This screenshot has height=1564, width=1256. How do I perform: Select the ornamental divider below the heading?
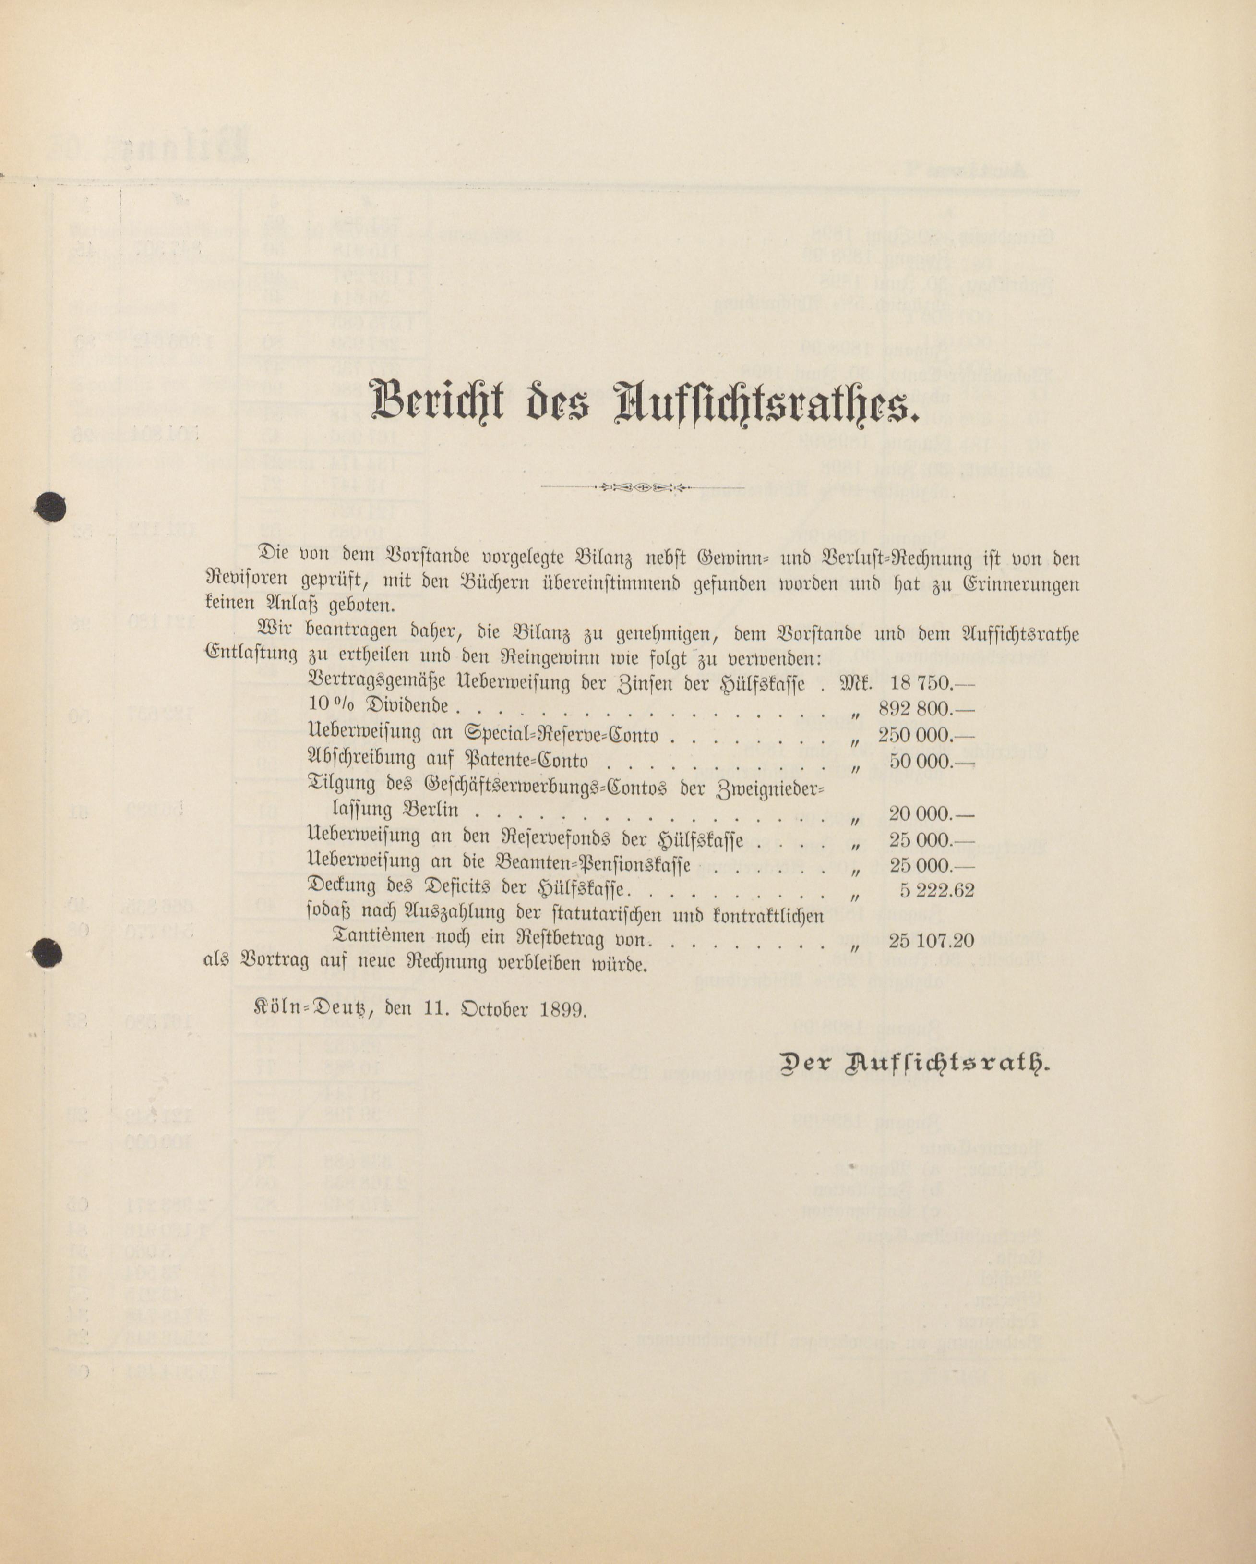[643, 487]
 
